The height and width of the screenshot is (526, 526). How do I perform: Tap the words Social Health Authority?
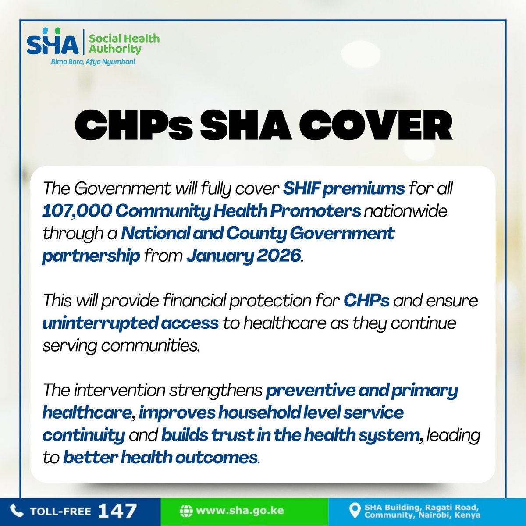tap(124, 43)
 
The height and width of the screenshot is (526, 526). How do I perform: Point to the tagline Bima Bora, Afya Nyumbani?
tap(93, 62)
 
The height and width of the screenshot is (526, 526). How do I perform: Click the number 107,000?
tap(77, 211)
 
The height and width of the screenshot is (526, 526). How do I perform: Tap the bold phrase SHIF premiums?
tap(344, 188)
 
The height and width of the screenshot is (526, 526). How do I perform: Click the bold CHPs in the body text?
tap(366, 301)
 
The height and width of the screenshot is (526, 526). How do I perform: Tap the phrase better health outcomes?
tap(160, 458)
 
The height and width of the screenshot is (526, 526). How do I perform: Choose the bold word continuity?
tap(84, 435)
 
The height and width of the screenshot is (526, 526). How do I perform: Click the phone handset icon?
tap(17, 511)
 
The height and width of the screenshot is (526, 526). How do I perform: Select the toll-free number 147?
tap(117, 511)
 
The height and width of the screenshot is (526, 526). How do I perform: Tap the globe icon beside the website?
tap(186, 511)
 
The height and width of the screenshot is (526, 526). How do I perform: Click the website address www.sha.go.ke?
tap(240, 511)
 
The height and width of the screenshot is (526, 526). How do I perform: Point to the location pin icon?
tap(354, 510)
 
